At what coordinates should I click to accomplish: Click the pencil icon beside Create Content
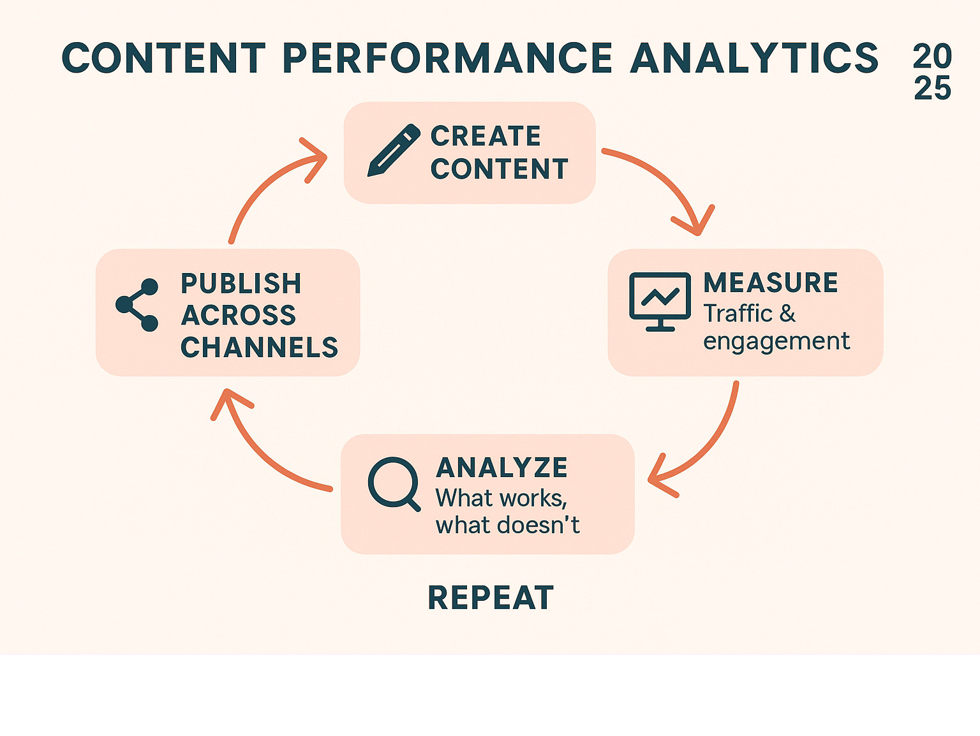click(x=394, y=150)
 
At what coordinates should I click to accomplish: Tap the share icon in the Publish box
click(x=137, y=305)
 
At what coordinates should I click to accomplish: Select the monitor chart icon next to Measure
click(x=660, y=301)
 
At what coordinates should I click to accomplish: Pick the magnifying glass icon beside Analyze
click(x=392, y=483)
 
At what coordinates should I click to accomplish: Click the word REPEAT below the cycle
click(x=491, y=598)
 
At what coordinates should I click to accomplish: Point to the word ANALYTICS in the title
click(x=754, y=59)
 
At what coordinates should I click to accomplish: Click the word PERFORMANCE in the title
click(x=447, y=59)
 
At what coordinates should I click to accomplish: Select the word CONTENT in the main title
click(x=163, y=59)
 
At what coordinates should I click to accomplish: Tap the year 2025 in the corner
click(x=932, y=72)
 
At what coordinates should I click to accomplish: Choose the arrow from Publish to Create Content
click(x=268, y=185)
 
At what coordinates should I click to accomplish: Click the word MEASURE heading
click(x=771, y=283)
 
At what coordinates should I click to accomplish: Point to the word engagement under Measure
click(x=776, y=342)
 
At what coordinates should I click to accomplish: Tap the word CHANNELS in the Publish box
click(x=259, y=348)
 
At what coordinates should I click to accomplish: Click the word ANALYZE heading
click(x=502, y=468)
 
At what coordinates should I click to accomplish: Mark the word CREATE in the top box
click(x=486, y=136)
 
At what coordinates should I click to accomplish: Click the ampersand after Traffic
click(x=787, y=314)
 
